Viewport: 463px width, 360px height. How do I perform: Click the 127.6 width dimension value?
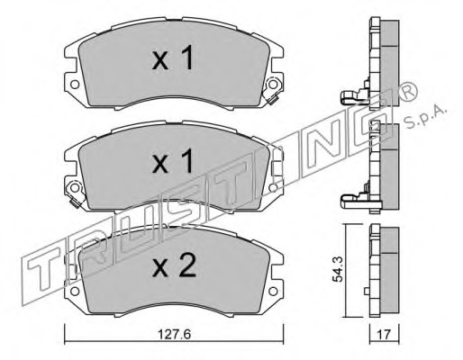point(174,335)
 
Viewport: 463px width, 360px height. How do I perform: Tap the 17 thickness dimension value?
point(385,335)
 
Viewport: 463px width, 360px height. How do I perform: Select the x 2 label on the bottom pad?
point(174,266)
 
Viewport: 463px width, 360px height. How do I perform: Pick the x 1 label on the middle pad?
point(173,161)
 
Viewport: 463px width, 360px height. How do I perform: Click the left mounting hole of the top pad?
point(75,85)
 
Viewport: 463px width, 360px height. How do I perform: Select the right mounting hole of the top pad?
point(273,85)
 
